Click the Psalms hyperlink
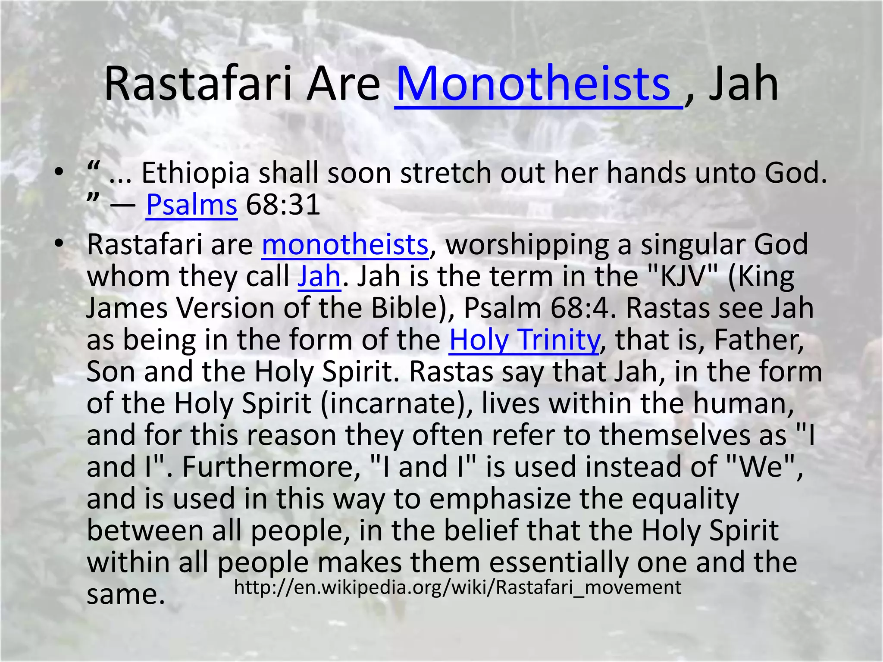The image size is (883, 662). point(191,205)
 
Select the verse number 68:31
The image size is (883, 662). point(283,205)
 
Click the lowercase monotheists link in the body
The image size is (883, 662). point(345,245)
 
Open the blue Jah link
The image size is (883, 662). point(319,276)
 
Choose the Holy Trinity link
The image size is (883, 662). point(524,340)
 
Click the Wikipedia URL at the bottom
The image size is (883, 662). point(457,587)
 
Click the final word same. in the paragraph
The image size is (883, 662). point(126,595)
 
